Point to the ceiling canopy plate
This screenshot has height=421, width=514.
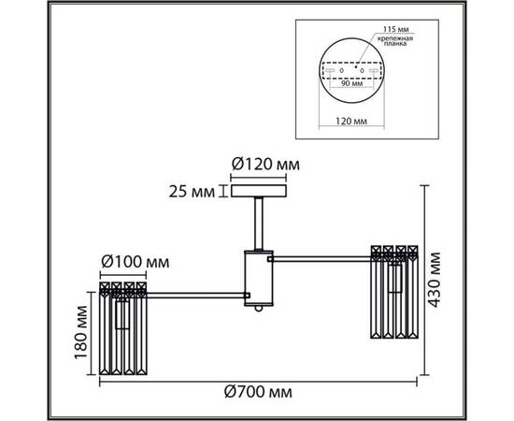256,193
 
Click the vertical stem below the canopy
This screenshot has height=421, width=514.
256,225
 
